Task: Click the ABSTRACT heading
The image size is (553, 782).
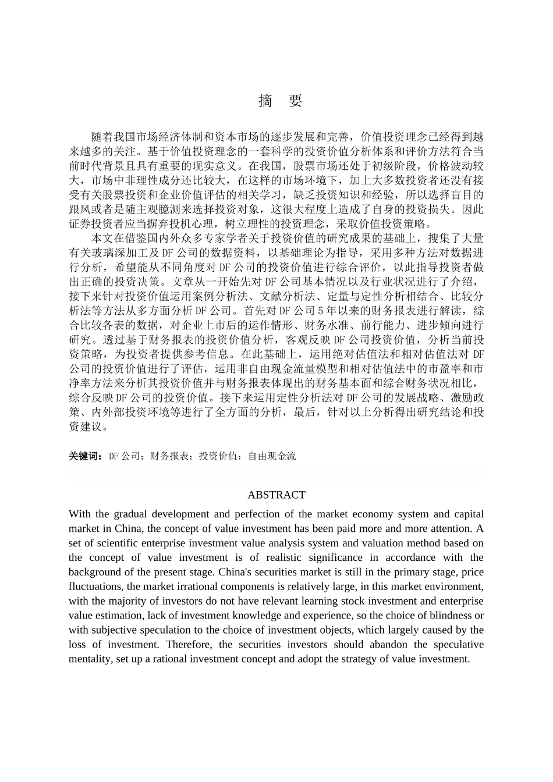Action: [x=276, y=495]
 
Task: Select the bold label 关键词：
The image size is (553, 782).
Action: [x=86, y=456]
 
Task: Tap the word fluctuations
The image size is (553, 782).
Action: [x=94, y=586]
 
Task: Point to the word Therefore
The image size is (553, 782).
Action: [x=189, y=645]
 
